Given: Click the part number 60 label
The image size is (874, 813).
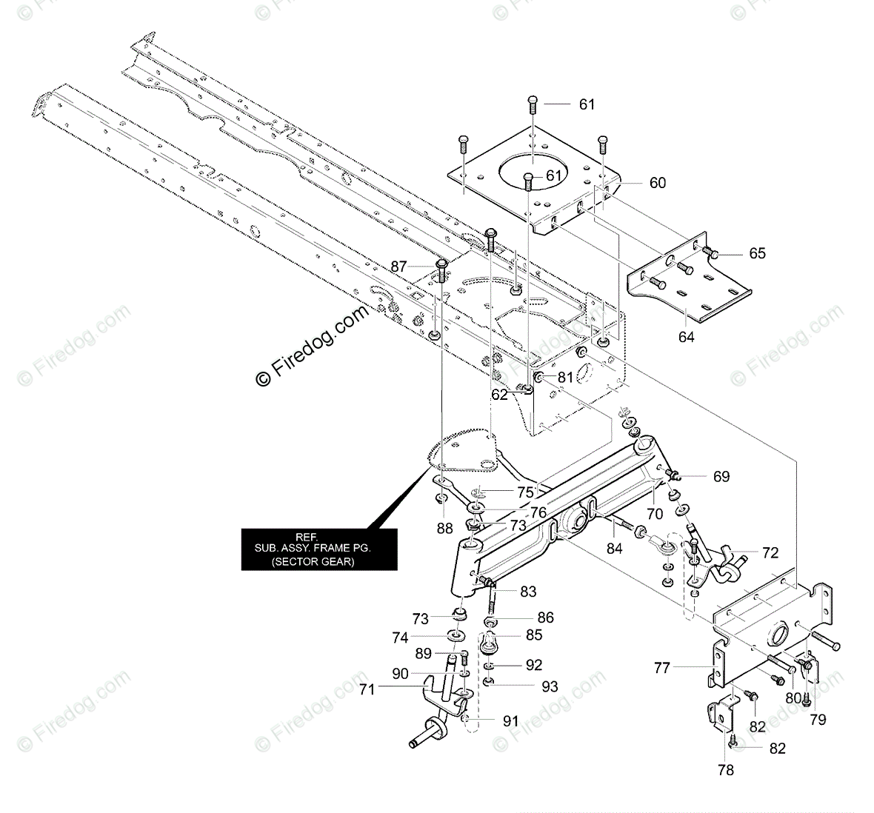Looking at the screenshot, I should (x=657, y=183).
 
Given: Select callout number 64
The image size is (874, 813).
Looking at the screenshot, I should (x=687, y=336).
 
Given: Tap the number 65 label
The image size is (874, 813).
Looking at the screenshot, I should (x=757, y=253).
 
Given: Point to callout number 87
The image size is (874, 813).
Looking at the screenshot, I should (x=399, y=266).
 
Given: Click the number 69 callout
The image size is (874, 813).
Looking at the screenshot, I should (x=721, y=476).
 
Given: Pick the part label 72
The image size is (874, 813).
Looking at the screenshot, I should (x=770, y=552).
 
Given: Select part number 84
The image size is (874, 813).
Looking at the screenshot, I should (x=615, y=549).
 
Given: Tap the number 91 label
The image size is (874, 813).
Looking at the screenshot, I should (x=511, y=720).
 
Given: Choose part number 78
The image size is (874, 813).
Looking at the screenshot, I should (x=726, y=770).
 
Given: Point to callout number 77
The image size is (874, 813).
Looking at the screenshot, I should (x=661, y=668).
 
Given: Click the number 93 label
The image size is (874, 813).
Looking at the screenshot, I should (x=550, y=686).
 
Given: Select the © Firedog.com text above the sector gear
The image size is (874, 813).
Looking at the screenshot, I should (x=311, y=348).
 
